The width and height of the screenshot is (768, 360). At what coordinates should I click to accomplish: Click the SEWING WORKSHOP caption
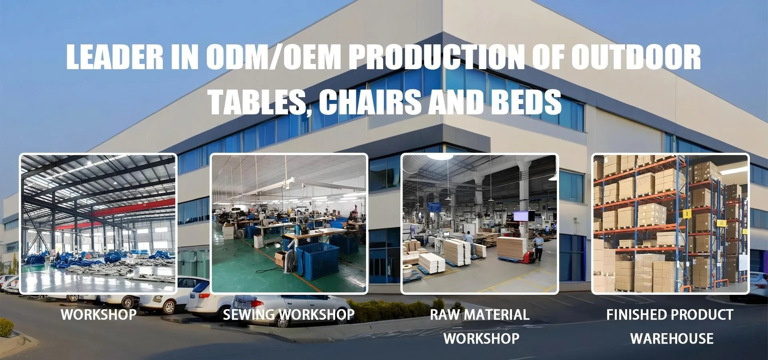289,315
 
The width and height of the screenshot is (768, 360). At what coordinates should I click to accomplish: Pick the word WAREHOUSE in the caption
672,339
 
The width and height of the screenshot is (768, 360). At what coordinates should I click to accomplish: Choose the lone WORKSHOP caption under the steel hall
99,314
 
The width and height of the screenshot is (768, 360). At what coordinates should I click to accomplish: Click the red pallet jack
528,256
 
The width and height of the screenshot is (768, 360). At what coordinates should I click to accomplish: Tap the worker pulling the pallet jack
538,247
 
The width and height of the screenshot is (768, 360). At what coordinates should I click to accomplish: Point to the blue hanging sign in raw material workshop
433,207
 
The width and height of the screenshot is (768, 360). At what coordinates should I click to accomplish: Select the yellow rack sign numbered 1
686,214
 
